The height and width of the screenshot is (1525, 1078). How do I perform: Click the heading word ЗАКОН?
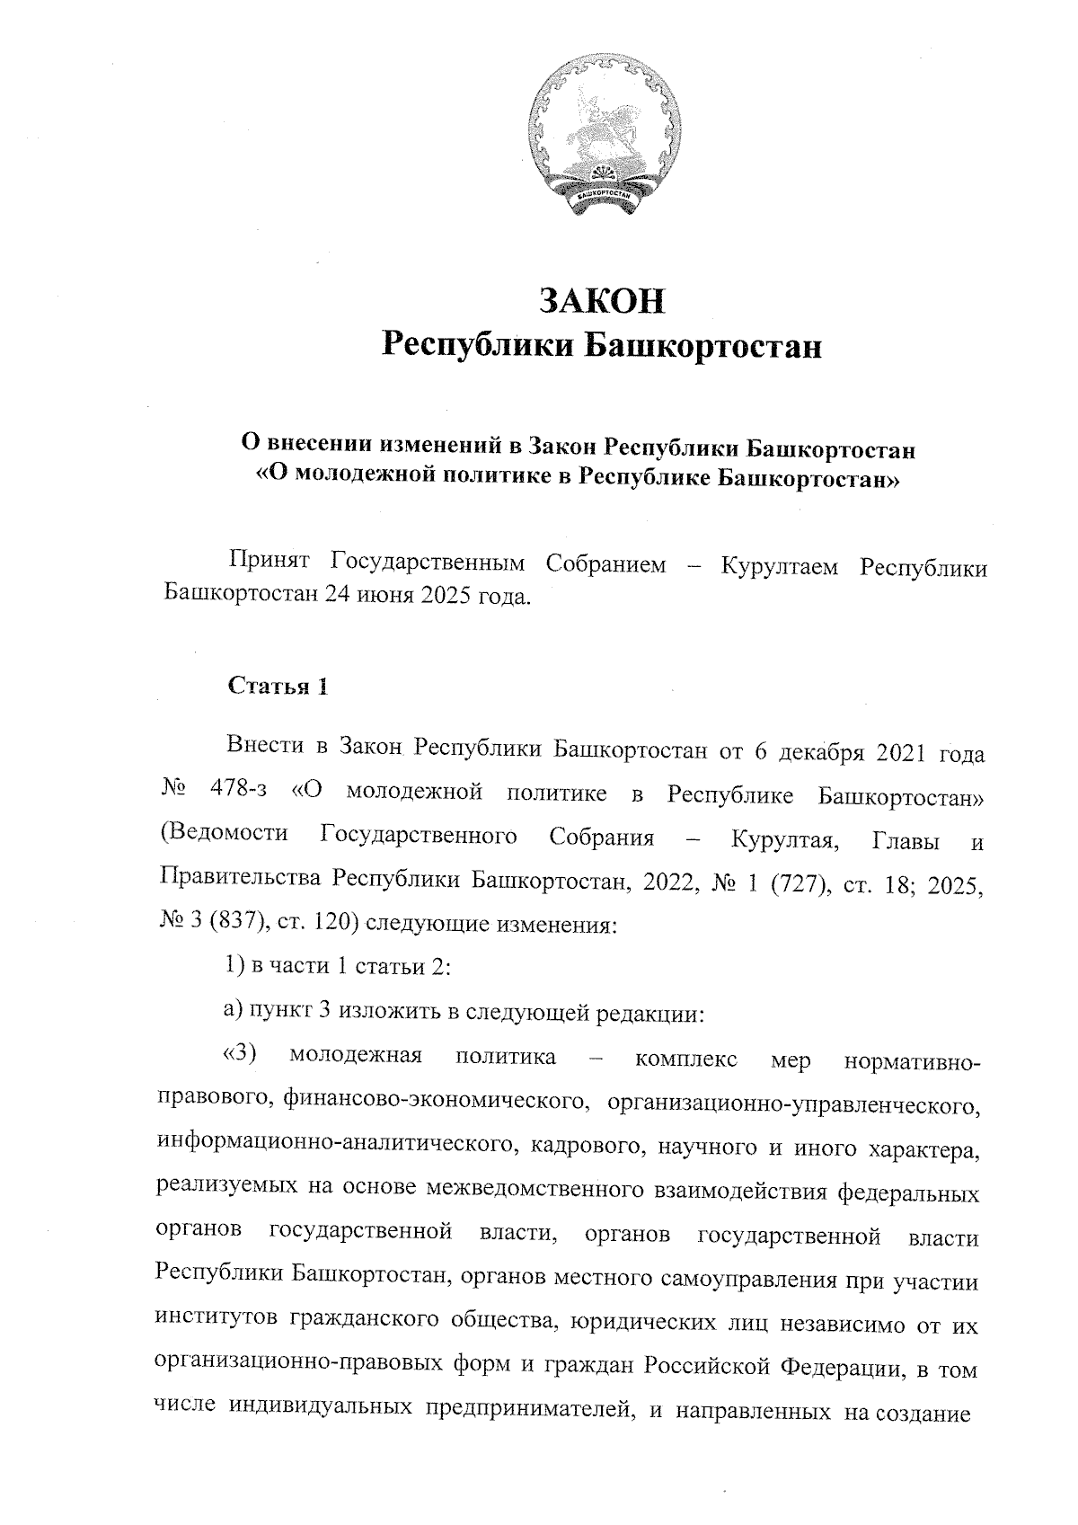tap(601, 301)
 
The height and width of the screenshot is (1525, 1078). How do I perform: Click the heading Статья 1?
tap(278, 687)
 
